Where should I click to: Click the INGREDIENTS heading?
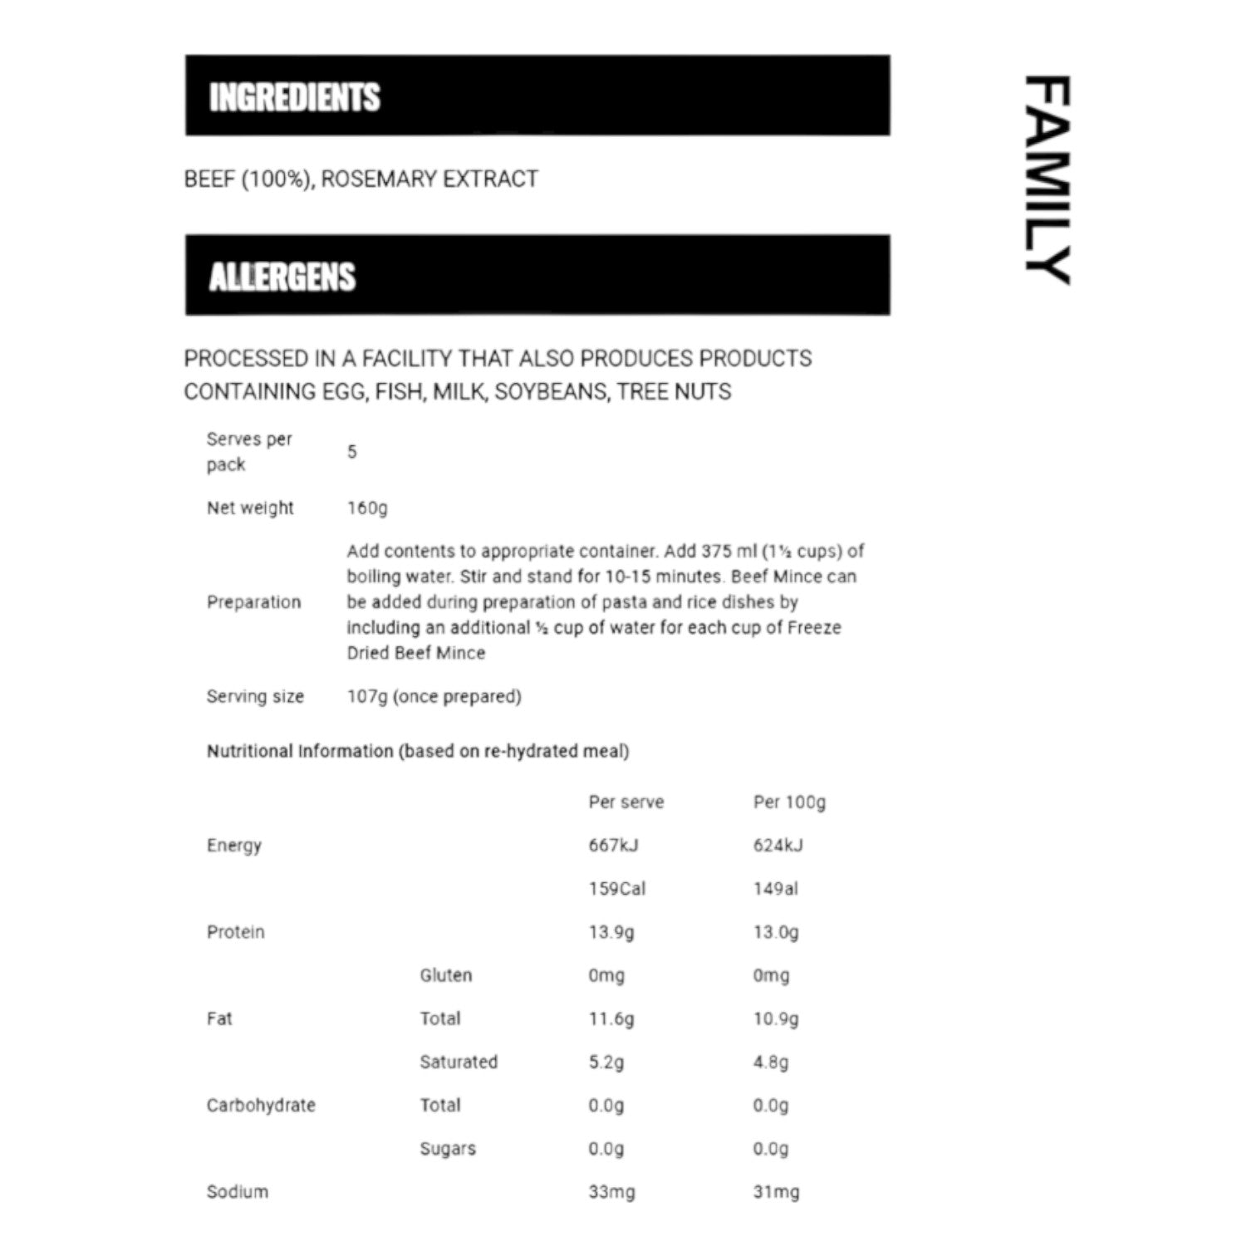point(294,97)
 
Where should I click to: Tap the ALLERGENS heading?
point(282,277)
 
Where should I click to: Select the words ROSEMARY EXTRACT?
point(429,179)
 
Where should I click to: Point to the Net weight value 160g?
point(367,508)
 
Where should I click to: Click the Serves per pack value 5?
point(352,452)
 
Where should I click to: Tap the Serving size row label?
point(255,697)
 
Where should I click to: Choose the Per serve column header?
point(626,802)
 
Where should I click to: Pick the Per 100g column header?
point(789,802)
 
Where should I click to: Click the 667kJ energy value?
point(613,846)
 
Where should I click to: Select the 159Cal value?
point(616,889)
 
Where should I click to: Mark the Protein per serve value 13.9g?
point(611,932)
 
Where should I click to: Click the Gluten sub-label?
point(445,975)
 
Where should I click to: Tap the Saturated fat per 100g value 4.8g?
point(771,1062)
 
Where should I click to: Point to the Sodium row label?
point(237,1192)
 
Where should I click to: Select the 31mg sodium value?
point(776,1192)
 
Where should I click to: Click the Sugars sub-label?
point(447,1149)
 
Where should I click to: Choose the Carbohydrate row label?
point(261,1106)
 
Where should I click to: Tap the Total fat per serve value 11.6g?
point(611,1018)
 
